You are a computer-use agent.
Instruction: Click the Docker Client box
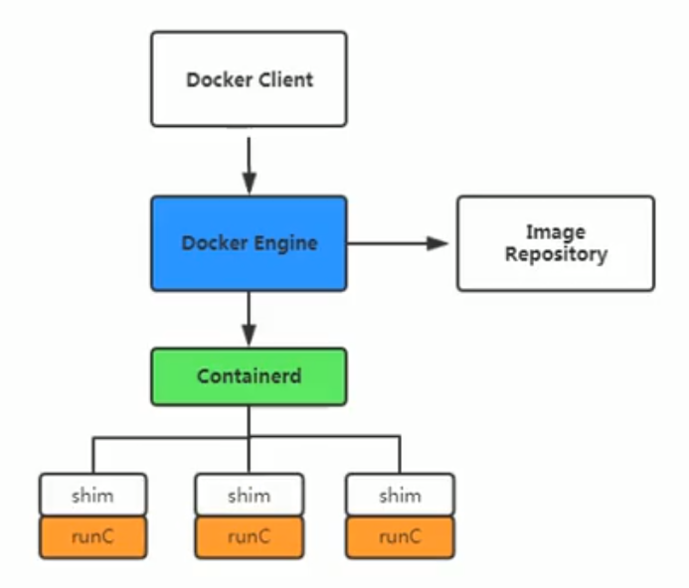point(249,79)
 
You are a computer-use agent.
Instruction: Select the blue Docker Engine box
point(249,243)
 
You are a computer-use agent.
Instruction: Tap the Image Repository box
point(555,243)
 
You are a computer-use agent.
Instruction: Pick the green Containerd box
point(249,376)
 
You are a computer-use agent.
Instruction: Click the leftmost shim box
point(92,495)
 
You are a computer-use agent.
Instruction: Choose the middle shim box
point(249,495)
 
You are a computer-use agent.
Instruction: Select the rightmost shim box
point(400,495)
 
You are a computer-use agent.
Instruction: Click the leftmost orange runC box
point(92,537)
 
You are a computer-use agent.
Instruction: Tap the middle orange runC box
point(249,537)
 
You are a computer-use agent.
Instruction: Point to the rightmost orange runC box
point(400,537)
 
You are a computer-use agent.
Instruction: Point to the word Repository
point(555,254)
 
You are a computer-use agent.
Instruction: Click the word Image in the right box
point(555,232)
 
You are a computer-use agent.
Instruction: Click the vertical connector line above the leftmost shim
point(93,455)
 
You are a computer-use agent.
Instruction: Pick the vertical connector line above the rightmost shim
point(400,455)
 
